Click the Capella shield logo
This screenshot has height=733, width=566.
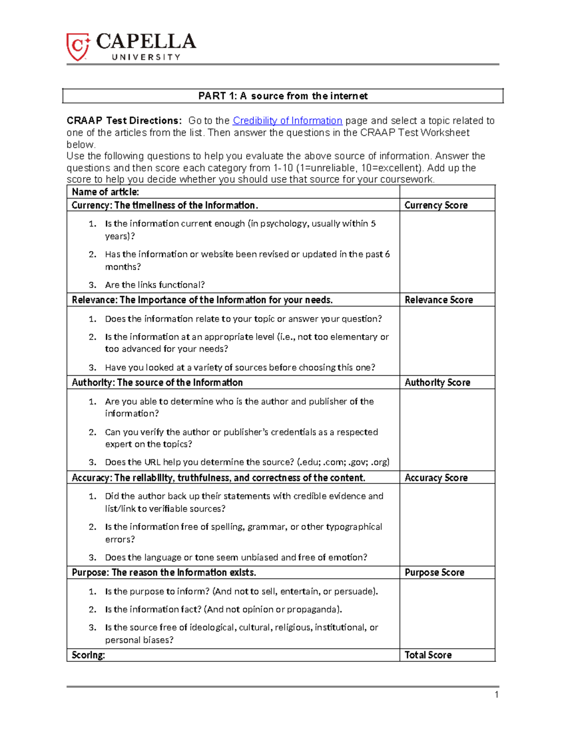click(x=78, y=47)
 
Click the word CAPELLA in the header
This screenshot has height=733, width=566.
click(x=146, y=42)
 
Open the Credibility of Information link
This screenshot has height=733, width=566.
click(x=287, y=121)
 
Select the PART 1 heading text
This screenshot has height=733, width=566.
click(x=283, y=96)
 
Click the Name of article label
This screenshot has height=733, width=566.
click(x=105, y=192)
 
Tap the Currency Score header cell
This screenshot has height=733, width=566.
click(x=436, y=205)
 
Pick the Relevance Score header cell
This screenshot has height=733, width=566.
click(x=438, y=300)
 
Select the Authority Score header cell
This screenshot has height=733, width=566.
click(x=437, y=383)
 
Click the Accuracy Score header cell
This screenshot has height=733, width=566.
click(x=436, y=478)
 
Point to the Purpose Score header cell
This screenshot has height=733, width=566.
click(x=434, y=573)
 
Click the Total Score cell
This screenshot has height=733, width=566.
click(x=428, y=655)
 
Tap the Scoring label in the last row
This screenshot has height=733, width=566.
click(x=88, y=655)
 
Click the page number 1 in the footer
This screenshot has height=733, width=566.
click(x=496, y=694)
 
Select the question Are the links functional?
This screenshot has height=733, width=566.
click(x=155, y=285)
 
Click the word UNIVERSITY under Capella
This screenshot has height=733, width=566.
click(x=146, y=57)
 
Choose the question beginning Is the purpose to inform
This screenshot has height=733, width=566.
click(x=241, y=591)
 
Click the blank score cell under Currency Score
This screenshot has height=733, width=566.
click(x=447, y=252)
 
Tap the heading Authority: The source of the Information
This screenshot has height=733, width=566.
click(x=157, y=383)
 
